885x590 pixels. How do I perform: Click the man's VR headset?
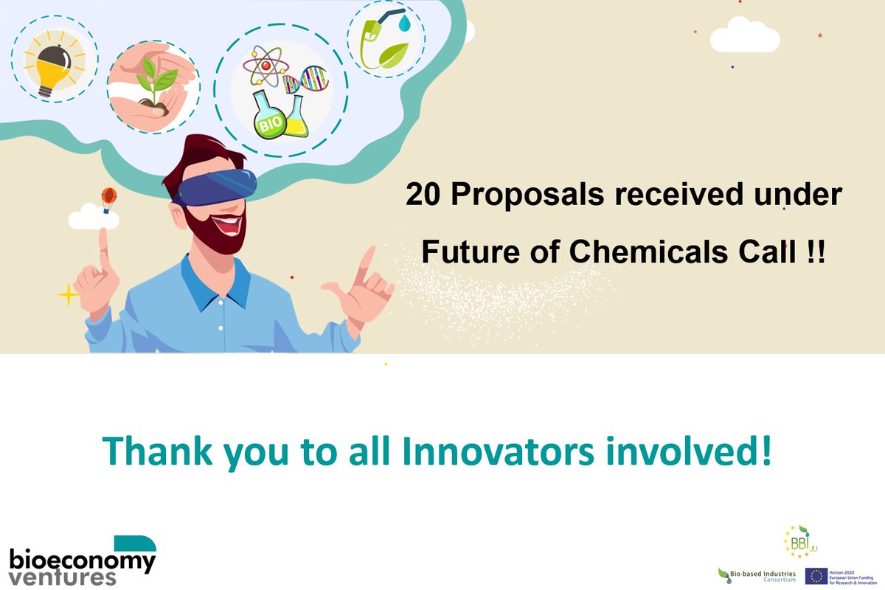pos(218,184)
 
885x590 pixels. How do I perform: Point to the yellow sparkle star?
pos(68,296)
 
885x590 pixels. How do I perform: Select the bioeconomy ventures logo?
pos(83,560)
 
